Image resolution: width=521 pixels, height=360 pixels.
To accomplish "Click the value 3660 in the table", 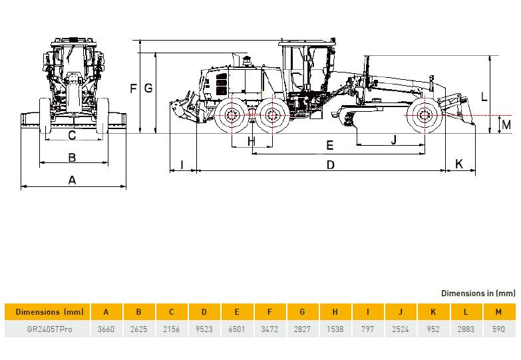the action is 106,329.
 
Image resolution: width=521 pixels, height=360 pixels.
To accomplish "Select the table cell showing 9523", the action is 204,329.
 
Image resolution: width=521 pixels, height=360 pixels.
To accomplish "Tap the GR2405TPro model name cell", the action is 49,329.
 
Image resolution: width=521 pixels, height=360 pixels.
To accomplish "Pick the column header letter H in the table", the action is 335,312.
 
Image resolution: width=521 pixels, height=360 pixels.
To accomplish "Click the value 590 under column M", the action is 498,329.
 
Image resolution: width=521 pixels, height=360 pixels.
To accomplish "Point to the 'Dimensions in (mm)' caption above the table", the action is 478,293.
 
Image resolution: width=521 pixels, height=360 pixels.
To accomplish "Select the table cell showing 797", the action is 367,329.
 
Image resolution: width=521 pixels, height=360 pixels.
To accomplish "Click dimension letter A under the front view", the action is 72,180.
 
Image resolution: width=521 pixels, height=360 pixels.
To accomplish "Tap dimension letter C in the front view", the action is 72,135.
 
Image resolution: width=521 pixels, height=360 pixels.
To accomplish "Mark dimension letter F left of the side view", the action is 133,89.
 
